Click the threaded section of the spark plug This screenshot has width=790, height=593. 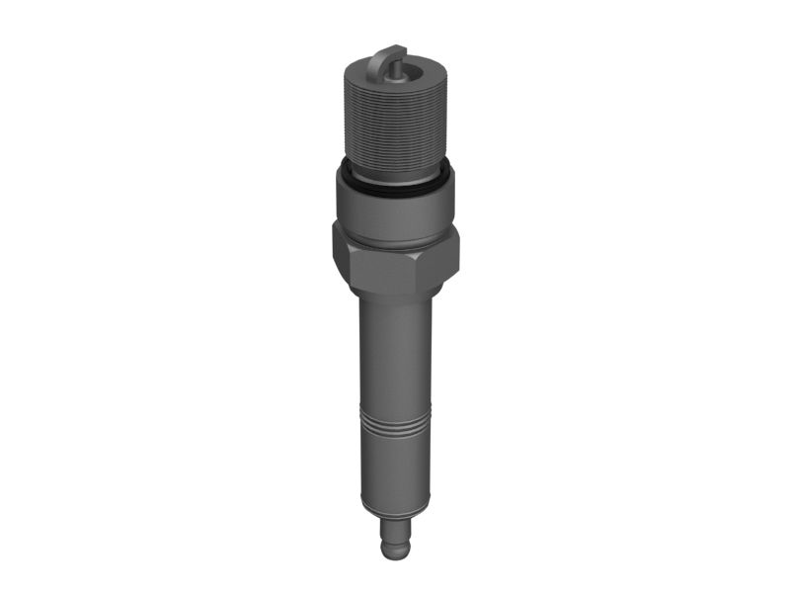[x=394, y=119]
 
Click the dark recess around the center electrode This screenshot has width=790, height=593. [x=402, y=72]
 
